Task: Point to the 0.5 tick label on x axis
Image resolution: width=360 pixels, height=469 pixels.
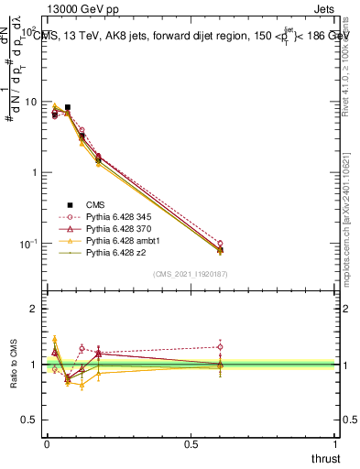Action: click(191, 443)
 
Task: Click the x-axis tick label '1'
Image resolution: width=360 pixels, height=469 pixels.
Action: click(336, 443)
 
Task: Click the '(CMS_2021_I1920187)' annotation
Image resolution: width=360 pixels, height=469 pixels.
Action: click(191, 273)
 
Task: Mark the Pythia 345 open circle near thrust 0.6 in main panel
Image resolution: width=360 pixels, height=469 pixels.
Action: click(220, 244)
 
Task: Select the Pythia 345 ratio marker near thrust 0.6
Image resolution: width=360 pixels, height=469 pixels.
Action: click(220, 346)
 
